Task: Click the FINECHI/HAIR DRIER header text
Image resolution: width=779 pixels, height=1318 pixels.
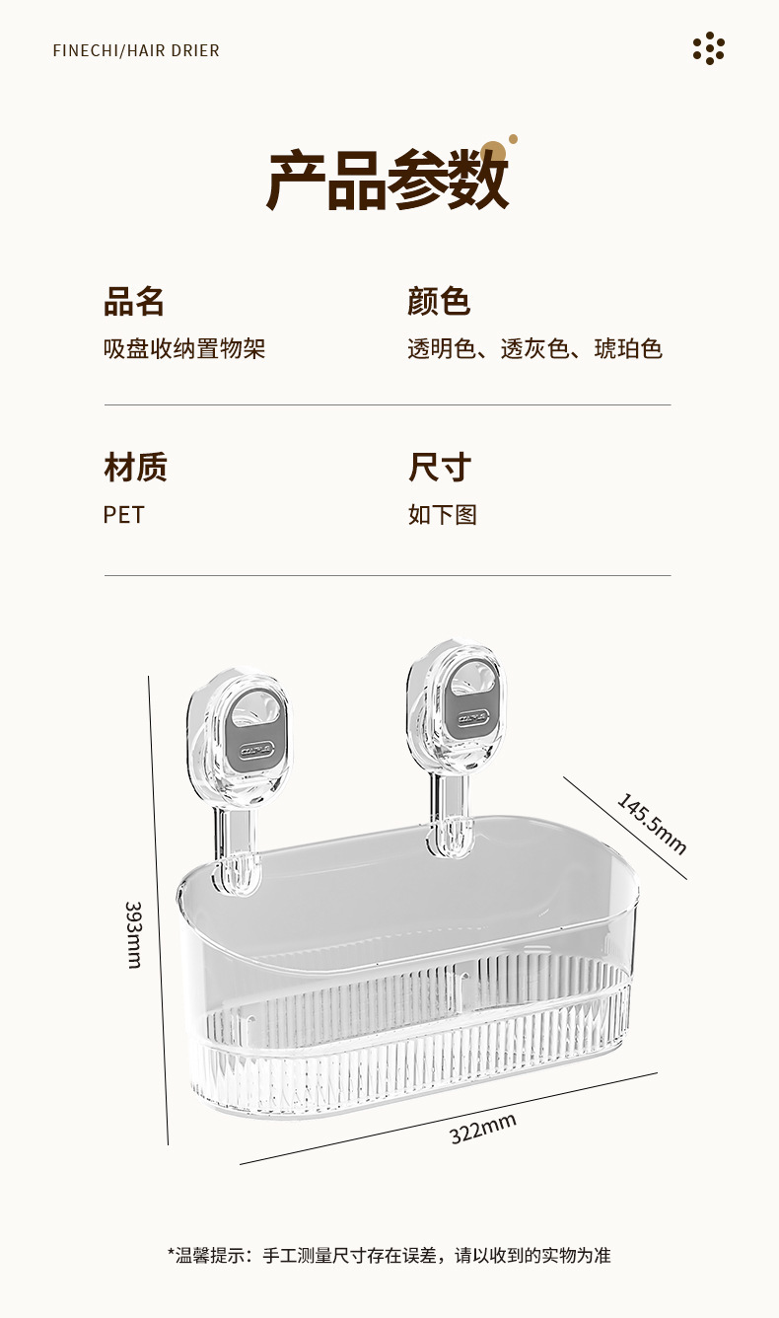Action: (136, 50)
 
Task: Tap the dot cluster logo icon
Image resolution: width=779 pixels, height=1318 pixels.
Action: (708, 48)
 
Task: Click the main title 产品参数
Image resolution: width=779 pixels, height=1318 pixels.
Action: (388, 182)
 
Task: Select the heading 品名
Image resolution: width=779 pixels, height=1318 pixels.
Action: (134, 301)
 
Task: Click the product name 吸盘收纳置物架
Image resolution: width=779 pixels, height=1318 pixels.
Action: (184, 348)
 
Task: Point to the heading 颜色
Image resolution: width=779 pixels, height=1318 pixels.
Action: (439, 301)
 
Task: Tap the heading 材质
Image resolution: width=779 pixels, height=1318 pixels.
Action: (135, 467)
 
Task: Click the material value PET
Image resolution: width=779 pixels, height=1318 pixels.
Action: (123, 515)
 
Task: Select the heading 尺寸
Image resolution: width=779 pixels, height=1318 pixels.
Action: (440, 467)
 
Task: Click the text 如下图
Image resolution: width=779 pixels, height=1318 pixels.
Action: (442, 515)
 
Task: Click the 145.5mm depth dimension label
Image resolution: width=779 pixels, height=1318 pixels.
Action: (652, 824)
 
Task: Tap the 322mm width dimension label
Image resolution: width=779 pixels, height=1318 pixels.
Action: (483, 1128)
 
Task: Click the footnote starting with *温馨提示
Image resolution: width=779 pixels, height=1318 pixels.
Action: (389, 1255)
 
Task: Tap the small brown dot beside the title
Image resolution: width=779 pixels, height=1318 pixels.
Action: (513, 139)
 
